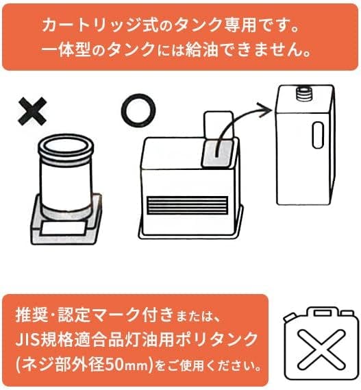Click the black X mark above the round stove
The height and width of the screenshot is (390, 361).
click(x=32, y=111)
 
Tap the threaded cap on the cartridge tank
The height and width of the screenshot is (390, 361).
click(x=305, y=94)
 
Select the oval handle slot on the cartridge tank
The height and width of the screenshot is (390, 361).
click(x=318, y=135)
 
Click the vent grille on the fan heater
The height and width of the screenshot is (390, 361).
click(x=188, y=205)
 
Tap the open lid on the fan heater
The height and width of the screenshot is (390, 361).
click(x=218, y=124)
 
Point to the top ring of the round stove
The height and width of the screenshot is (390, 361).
click(x=66, y=147)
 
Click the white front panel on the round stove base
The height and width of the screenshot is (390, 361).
click(x=64, y=228)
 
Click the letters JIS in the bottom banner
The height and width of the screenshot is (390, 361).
click(x=28, y=340)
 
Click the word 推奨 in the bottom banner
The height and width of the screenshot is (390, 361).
click(x=32, y=315)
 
